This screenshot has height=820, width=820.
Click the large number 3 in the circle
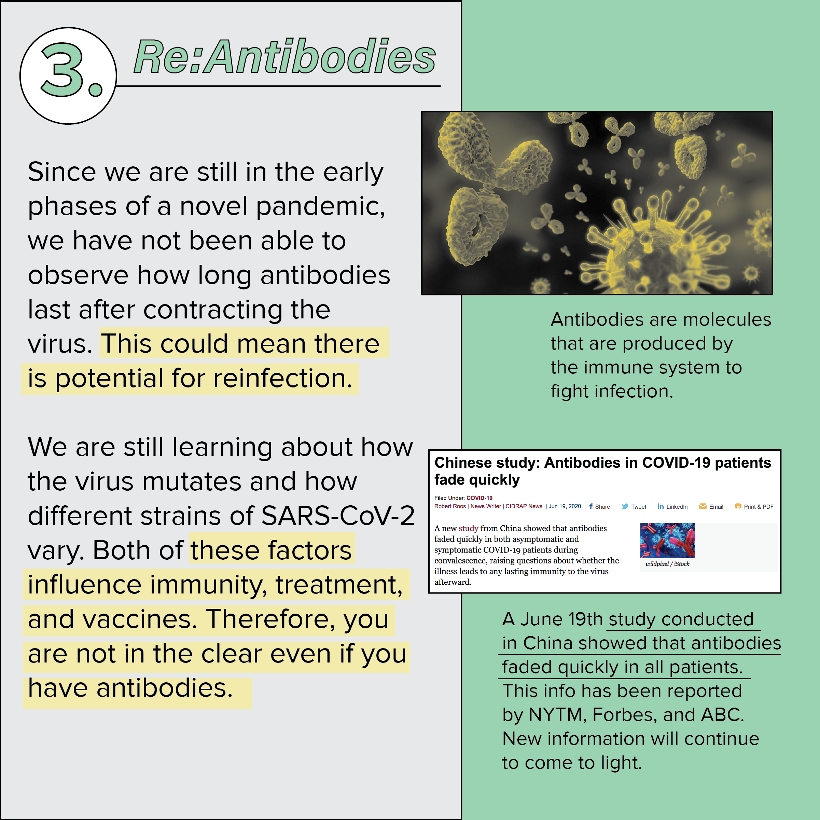tap(61, 70)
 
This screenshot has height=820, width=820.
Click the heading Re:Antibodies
tap(285, 56)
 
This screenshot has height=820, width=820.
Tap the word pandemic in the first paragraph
tap(320, 206)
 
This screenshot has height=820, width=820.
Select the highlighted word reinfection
tap(283, 378)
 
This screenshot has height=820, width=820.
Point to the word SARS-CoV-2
tap(338, 516)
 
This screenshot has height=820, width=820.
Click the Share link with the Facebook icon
tap(599, 506)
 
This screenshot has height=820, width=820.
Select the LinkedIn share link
tap(672, 506)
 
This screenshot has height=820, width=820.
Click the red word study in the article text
tap(468, 528)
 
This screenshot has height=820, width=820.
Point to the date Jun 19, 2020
tap(565, 506)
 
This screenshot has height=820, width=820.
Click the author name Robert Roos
tap(450, 506)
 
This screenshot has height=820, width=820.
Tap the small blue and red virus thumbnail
tap(667, 540)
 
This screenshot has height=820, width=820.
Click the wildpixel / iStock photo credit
tap(667, 564)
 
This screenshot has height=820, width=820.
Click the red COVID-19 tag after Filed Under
tap(479, 498)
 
